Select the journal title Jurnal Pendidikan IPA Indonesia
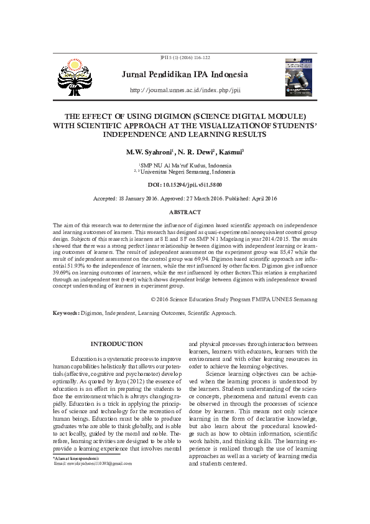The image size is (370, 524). [x=185, y=75]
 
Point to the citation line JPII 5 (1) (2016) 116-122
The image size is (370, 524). [x=185, y=57]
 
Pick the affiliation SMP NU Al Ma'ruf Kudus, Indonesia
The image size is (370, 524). [x=187, y=166]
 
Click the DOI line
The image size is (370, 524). [x=185, y=185]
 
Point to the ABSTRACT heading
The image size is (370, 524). [x=185, y=213]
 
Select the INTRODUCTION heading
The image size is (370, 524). [x=116, y=344]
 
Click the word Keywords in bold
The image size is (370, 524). [x=65, y=313]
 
